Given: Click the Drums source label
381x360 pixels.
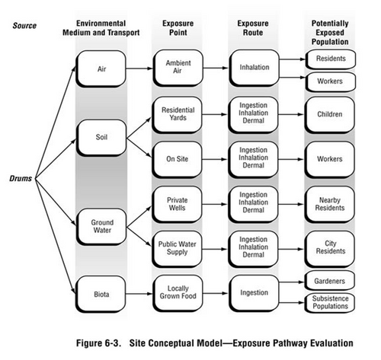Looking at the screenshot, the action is click(21, 178).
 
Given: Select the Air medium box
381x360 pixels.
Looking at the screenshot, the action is click(101, 68).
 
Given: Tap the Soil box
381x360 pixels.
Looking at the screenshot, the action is click(101, 138).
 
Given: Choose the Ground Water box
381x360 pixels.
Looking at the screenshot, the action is click(101, 227).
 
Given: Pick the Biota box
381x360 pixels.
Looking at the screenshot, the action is click(101, 295).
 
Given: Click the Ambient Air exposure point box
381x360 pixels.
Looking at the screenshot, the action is click(178, 68).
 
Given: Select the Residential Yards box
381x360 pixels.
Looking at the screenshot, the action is click(178, 114).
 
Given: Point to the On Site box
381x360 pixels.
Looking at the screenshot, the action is click(178, 159).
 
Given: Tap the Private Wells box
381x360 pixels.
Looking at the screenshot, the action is click(178, 204).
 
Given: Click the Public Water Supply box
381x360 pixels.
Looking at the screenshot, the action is click(178, 249).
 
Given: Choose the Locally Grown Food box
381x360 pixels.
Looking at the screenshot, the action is click(178, 293).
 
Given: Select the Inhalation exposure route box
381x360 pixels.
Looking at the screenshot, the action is click(255, 68).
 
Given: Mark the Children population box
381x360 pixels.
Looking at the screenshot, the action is click(330, 115).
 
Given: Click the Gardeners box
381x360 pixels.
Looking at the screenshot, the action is click(330, 281).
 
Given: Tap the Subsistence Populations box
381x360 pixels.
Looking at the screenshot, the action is click(330, 303).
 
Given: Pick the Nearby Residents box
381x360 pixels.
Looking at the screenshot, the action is click(330, 204).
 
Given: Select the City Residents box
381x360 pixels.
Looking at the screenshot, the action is click(330, 249).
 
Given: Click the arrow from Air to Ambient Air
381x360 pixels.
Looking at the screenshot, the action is click(139, 68).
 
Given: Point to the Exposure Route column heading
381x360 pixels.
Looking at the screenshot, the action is click(253, 28).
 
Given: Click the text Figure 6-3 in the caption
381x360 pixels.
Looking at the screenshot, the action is click(98, 343).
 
